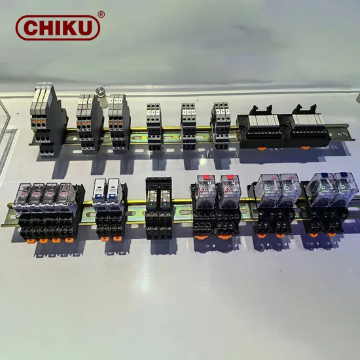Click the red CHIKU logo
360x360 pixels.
[58, 27]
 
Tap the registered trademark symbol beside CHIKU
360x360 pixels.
[100, 14]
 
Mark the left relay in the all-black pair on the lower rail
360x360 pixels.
[151, 196]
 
